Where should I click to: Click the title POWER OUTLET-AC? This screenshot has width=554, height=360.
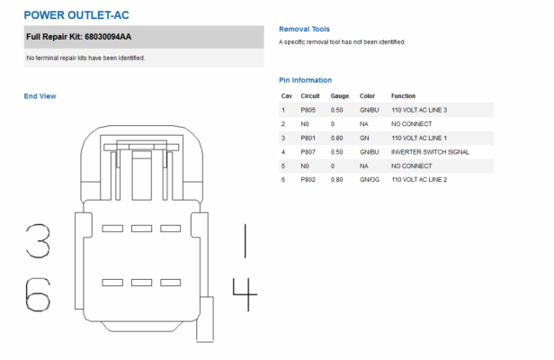[x=76, y=15]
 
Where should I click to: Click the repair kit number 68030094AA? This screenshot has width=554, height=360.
[x=108, y=37]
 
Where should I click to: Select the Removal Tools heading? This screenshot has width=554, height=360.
[x=304, y=29]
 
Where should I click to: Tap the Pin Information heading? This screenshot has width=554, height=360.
[x=305, y=80]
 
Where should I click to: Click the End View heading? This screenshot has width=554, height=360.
[x=40, y=96]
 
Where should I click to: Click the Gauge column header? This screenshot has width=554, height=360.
[x=340, y=95]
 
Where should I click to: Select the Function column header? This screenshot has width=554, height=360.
[x=403, y=95]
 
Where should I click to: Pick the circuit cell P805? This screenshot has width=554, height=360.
[x=308, y=110]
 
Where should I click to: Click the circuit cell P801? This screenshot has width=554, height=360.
[x=308, y=138]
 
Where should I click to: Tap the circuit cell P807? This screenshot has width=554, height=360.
[x=308, y=152]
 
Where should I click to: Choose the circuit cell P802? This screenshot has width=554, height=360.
[x=308, y=180]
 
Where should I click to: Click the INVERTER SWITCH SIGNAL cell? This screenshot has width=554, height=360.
[x=430, y=152]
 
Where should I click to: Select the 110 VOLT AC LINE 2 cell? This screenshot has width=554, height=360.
[x=419, y=180]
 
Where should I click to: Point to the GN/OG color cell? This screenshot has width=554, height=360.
[x=370, y=180]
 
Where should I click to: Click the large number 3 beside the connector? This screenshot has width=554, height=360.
[x=38, y=240]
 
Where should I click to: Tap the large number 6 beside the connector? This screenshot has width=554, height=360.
[x=38, y=294]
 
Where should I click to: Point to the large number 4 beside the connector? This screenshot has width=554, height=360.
[x=245, y=294]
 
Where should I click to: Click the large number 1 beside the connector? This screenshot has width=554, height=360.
[x=246, y=240]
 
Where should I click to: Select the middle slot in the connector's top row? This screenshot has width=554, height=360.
[x=142, y=229]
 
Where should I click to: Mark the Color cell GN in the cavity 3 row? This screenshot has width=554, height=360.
[x=364, y=138]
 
